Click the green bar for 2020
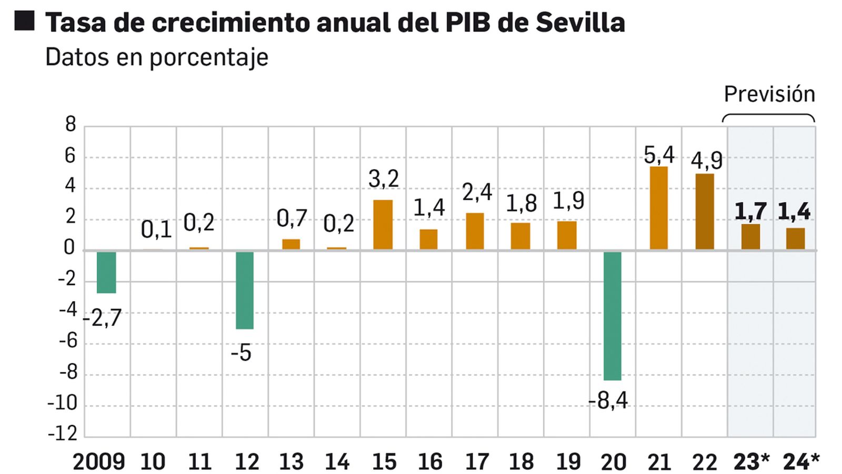pyautogui.click(x=612, y=315)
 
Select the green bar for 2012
pyautogui.click(x=244, y=290)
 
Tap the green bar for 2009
pyautogui.click(x=106, y=272)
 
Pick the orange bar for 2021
pyautogui.click(x=658, y=208)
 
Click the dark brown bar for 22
pyautogui.click(x=705, y=212)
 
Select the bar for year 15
pyautogui.click(x=383, y=224)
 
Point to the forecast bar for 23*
pyautogui.click(x=750, y=236)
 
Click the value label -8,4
pyautogui.click(x=608, y=401)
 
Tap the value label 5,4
pyautogui.click(x=659, y=155)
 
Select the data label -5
pyautogui.click(x=241, y=353)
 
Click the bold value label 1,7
pyautogui.click(x=750, y=212)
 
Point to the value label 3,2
pyautogui.click(x=383, y=179)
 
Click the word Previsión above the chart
pyautogui.click(x=769, y=94)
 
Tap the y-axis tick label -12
pyautogui.click(x=63, y=433)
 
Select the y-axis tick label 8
pyautogui.click(x=71, y=125)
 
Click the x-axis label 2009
pyautogui.click(x=98, y=462)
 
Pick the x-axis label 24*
pyautogui.click(x=801, y=462)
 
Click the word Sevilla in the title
pyautogui.click(x=580, y=23)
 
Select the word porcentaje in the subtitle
pyautogui.click(x=209, y=57)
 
